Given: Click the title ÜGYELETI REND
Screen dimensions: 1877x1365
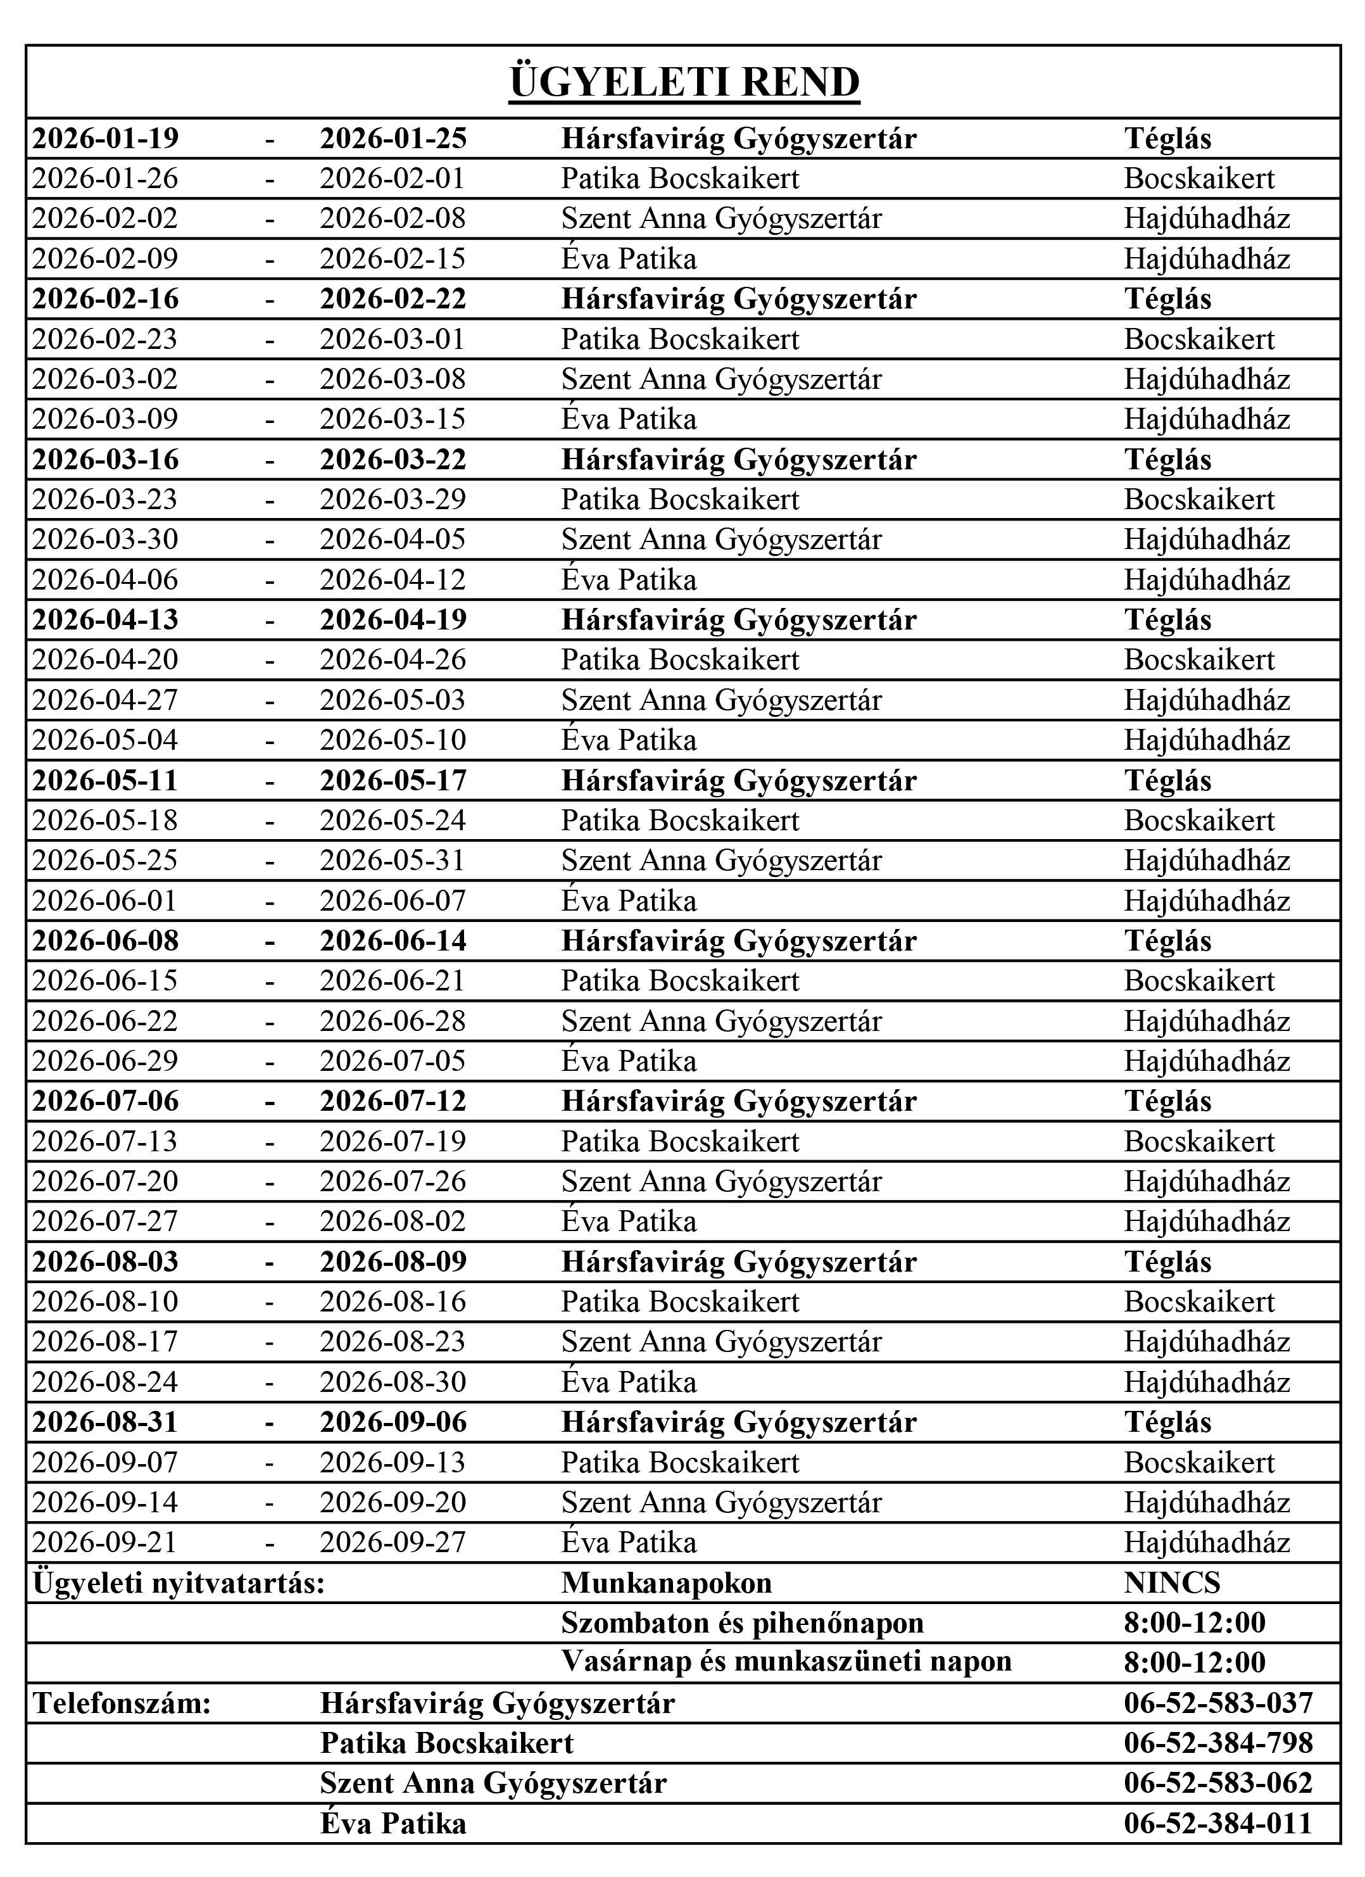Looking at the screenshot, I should (684, 84).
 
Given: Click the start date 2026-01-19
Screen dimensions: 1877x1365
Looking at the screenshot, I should (105, 138).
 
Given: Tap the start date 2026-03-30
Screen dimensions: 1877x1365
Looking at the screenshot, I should (105, 540).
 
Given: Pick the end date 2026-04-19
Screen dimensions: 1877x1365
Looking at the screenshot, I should (393, 620).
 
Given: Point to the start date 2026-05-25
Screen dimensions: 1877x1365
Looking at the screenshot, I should (105, 861).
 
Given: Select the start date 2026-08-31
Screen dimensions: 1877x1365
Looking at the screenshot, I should (105, 1423).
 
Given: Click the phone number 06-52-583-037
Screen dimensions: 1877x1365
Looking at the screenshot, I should (1217, 1703).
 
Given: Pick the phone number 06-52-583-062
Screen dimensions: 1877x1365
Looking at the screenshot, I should (1217, 1783).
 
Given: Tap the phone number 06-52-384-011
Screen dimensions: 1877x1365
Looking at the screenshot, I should (1217, 1823).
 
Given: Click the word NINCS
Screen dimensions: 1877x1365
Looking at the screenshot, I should (1171, 1583).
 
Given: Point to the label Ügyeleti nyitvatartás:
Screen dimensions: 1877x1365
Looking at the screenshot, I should (178, 1583).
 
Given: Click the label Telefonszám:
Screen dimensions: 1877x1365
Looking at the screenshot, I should (122, 1703).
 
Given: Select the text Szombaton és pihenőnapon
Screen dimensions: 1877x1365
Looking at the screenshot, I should (742, 1623).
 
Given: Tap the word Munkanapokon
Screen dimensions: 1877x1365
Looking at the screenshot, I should (666, 1583).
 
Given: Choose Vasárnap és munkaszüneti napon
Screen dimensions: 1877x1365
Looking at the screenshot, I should (786, 1663).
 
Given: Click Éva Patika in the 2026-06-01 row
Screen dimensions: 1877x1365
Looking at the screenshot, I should (629, 901).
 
